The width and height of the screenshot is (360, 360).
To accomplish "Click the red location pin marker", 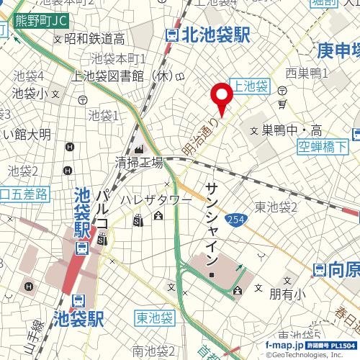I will coord(221,98).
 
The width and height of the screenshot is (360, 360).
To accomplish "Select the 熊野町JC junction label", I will coord(27,20).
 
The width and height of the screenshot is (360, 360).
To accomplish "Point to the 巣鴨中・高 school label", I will coord(292,130).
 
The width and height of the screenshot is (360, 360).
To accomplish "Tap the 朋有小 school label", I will coord(285,294).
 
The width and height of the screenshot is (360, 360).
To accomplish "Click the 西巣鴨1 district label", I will coord(307,73).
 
